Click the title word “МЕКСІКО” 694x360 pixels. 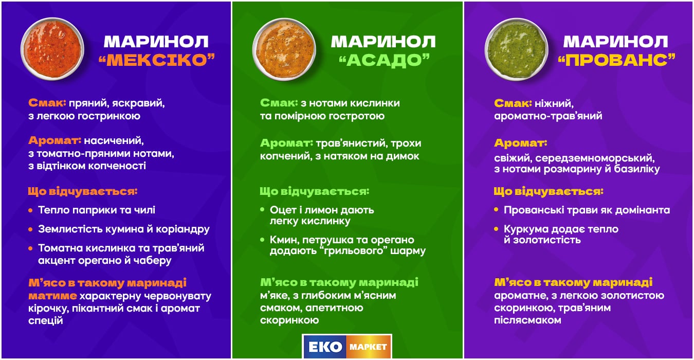point(156,60)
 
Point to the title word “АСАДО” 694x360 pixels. point(384,60)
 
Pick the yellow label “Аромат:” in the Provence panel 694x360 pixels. point(521,143)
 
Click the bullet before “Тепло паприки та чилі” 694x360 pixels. point(31,210)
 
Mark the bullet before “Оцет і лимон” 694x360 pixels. point(263,210)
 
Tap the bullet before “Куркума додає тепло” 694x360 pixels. point(496,229)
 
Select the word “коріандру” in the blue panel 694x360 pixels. point(184,229)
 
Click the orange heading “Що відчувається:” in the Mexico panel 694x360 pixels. point(83,192)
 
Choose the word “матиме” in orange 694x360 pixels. point(53,296)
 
